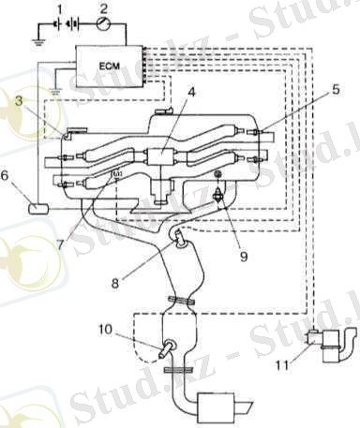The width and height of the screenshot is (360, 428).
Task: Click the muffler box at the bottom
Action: [x=219, y=409]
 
